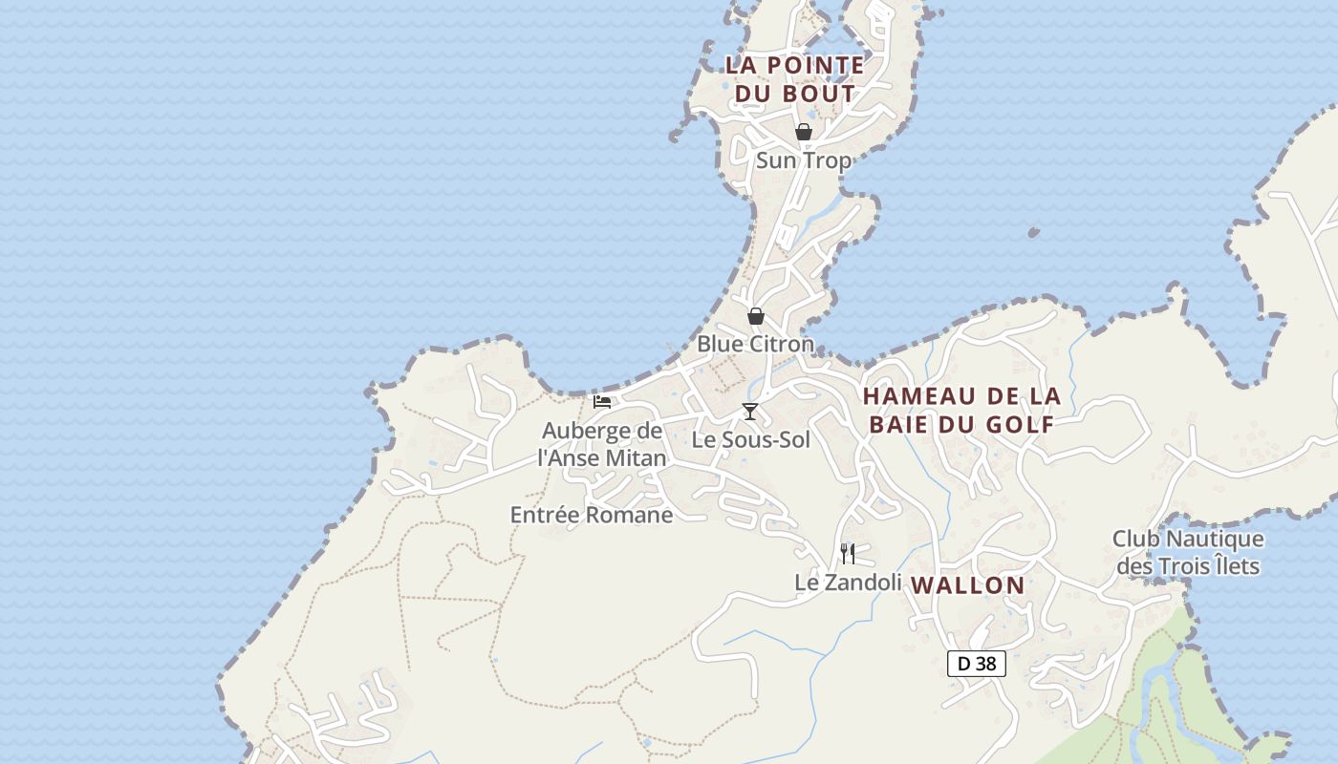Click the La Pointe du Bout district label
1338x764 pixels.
pos(794,79)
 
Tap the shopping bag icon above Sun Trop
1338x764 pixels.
pos(804,132)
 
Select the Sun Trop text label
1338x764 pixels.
pos(803,160)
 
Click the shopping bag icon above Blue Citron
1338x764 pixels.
pos(755,315)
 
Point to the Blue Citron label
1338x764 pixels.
pos(755,344)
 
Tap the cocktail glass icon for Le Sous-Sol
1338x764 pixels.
pos(750,412)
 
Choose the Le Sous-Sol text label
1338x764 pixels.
pos(750,440)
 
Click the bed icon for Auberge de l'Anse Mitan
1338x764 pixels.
pos(602,402)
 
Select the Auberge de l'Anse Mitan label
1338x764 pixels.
pos(602,444)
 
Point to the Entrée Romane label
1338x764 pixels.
pos(592,516)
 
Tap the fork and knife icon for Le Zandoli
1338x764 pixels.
pos(847,554)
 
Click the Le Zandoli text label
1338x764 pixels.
pos(848,583)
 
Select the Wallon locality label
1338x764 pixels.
pos(967,585)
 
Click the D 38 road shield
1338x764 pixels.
pos(976,664)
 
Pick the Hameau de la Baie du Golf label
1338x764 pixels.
pos(961,411)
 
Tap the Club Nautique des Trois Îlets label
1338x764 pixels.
pos(1188,553)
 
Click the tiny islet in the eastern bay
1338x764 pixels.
pos(1033,232)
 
